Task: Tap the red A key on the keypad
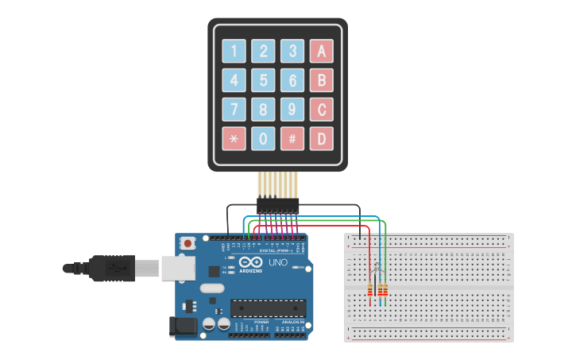pos(321,51)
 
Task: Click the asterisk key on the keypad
pos(234,138)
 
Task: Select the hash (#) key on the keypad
pos(292,138)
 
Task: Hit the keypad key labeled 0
pos(263,138)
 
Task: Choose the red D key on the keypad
pos(321,138)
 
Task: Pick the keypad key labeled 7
pos(234,109)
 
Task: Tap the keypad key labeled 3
pos(292,51)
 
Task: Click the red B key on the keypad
pos(321,80)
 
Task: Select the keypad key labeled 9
pos(292,109)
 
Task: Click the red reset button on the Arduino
pos(188,243)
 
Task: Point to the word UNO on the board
pos(278,263)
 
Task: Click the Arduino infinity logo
pos(251,263)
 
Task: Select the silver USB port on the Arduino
pos(178,268)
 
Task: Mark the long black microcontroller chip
pos(268,308)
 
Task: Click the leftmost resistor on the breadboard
pos(370,289)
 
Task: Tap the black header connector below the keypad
pos(277,205)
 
